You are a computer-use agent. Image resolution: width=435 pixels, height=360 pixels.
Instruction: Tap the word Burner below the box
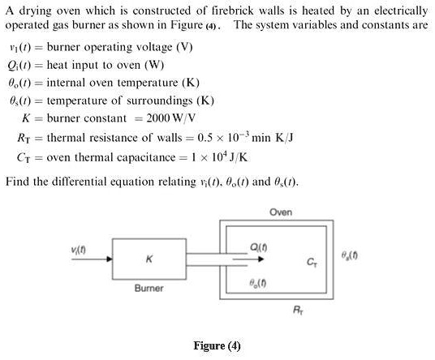(149, 289)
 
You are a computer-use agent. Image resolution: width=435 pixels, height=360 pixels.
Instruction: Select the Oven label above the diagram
(281, 212)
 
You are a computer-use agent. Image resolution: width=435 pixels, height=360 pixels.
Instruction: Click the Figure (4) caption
(217, 346)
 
